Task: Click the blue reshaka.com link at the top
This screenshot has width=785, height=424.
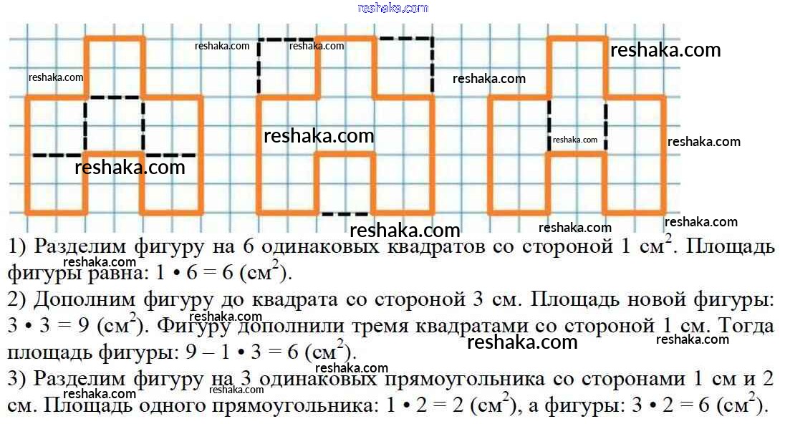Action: click(x=393, y=8)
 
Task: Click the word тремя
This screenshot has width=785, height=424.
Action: click(x=416, y=326)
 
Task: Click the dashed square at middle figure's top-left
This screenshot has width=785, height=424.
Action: click(x=287, y=67)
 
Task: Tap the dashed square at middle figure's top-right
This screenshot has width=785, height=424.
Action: click(x=404, y=67)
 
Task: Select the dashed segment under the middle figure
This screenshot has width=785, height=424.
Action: click(x=345, y=213)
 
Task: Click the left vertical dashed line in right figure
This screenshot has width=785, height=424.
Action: click(x=549, y=125)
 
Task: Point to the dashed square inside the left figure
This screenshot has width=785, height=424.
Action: click(x=114, y=125)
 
